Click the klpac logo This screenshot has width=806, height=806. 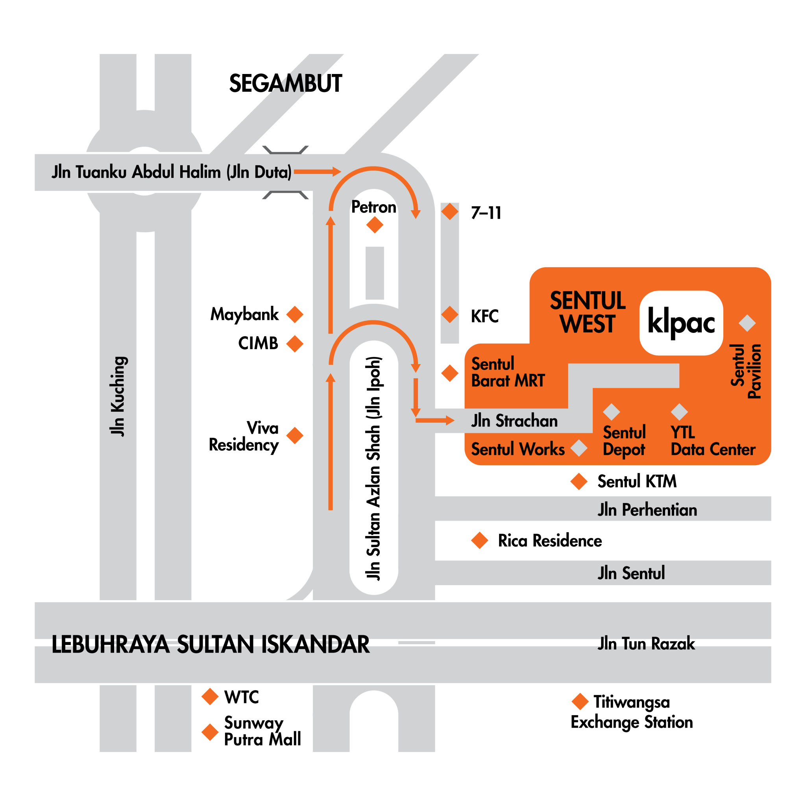[681, 323]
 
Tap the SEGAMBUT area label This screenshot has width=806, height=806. [286, 83]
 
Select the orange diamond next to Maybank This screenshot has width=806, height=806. [295, 314]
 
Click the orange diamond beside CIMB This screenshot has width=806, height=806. [295, 344]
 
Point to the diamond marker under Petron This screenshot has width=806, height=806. [375, 225]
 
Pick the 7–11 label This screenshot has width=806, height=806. [486, 213]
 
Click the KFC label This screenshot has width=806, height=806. [484, 316]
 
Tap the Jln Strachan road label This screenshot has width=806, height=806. [514, 421]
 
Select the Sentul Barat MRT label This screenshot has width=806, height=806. [508, 372]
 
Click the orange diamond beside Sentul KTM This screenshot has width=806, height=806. [579, 481]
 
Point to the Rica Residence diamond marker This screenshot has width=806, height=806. [480, 541]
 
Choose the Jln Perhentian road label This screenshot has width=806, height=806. [647, 510]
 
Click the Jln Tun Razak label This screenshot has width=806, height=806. [646, 644]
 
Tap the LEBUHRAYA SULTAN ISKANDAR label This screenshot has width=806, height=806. [211, 645]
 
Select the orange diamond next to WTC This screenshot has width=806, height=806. [210, 697]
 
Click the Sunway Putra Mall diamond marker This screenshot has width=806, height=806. [210, 732]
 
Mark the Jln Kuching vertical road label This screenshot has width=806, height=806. [118, 396]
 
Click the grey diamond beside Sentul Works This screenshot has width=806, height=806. [579, 449]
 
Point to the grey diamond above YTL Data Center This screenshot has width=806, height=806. [679, 412]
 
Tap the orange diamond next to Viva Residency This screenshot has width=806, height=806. [295, 436]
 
